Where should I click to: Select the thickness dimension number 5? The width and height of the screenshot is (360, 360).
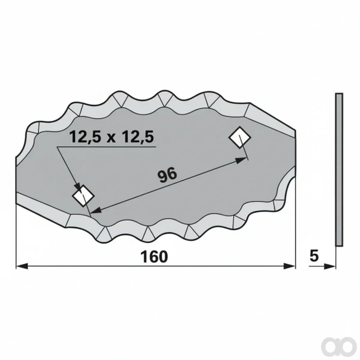click(x=314, y=256)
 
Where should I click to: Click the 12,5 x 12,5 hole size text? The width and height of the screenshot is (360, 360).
click(x=112, y=137)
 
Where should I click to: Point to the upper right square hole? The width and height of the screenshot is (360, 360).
click(x=240, y=138)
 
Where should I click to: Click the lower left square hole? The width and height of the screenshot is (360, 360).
click(x=83, y=196)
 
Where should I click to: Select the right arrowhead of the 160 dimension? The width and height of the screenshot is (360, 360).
click(x=289, y=266)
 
